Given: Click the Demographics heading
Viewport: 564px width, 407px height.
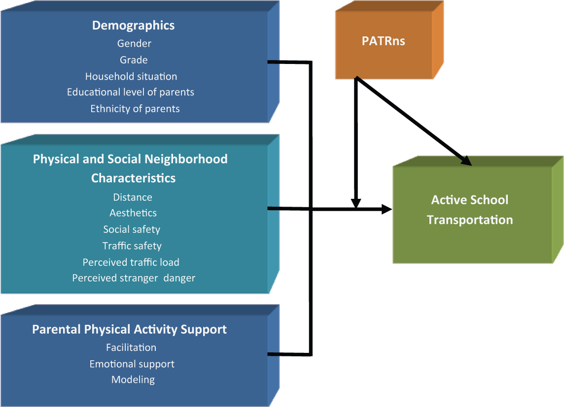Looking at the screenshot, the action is (134, 26).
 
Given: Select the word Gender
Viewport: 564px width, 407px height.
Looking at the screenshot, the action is (134, 43).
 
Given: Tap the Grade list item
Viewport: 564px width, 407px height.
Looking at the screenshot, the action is (134, 60).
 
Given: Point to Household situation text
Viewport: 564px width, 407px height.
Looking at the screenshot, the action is (131, 76).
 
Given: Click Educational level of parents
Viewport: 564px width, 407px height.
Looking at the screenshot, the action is (131, 92).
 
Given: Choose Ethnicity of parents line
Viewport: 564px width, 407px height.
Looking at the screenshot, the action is (135, 109).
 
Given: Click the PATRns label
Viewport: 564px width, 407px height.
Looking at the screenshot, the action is (384, 41).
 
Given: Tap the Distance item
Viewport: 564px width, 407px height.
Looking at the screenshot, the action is (133, 197).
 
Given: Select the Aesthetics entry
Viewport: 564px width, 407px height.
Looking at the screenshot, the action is (133, 213).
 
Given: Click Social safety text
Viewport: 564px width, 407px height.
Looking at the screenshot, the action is (132, 229).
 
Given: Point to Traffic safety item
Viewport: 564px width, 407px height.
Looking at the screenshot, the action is (132, 246).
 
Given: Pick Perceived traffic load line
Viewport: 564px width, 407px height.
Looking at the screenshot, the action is (131, 262).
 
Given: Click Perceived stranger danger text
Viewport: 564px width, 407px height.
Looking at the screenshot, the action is (134, 278).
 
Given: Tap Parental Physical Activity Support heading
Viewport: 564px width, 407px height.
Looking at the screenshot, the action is (130, 329).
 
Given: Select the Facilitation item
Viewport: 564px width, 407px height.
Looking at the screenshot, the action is (131, 347).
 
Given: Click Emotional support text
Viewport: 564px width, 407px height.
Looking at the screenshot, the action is (132, 364).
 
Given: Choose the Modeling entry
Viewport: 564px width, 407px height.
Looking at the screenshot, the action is (133, 380).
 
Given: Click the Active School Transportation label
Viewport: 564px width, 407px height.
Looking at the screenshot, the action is (470, 210).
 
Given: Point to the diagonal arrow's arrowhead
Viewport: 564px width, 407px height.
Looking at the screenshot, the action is (466, 160).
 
